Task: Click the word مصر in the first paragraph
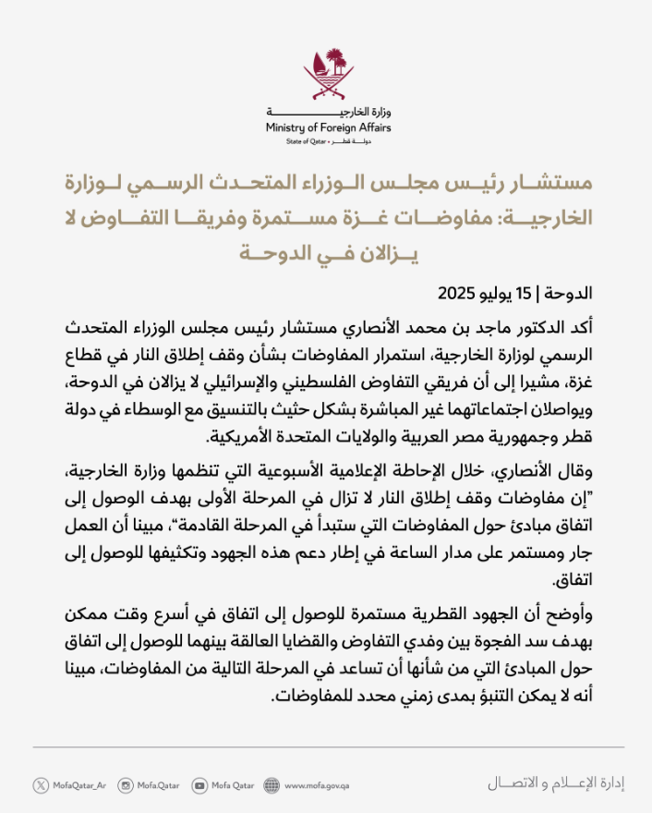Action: point(486,437)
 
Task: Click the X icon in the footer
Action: point(41,785)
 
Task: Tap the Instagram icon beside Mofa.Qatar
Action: point(126,785)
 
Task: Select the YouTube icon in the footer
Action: point(199,785)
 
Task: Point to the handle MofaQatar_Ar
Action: point(80,786)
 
